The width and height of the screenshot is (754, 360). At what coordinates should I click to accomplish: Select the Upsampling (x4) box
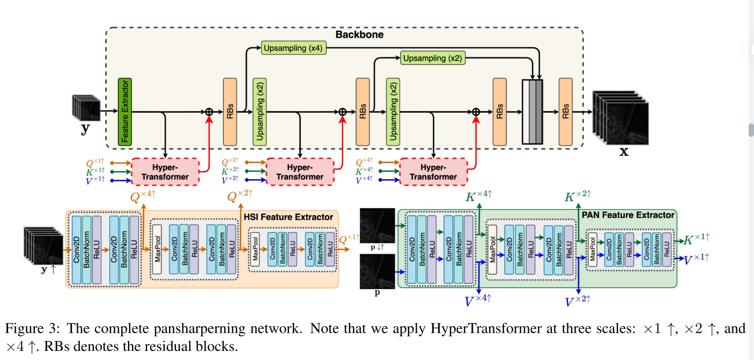coord(292,48)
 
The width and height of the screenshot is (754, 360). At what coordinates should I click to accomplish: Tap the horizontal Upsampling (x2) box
coord(432,57)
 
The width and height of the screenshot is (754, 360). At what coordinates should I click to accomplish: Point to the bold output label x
coord(624,151)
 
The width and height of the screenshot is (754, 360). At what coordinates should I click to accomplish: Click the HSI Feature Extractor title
coord(289,217)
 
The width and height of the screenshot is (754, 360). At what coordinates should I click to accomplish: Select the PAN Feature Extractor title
coord(628,215)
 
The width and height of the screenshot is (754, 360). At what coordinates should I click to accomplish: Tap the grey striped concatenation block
coord(532,112)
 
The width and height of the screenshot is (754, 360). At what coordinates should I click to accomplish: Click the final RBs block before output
coord(566,112)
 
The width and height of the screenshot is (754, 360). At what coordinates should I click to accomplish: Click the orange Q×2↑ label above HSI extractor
coord(240,197)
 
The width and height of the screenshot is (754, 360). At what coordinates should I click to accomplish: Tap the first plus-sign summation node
coord(209,112)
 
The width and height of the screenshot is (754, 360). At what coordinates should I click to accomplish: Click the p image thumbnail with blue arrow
coord(378,270)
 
